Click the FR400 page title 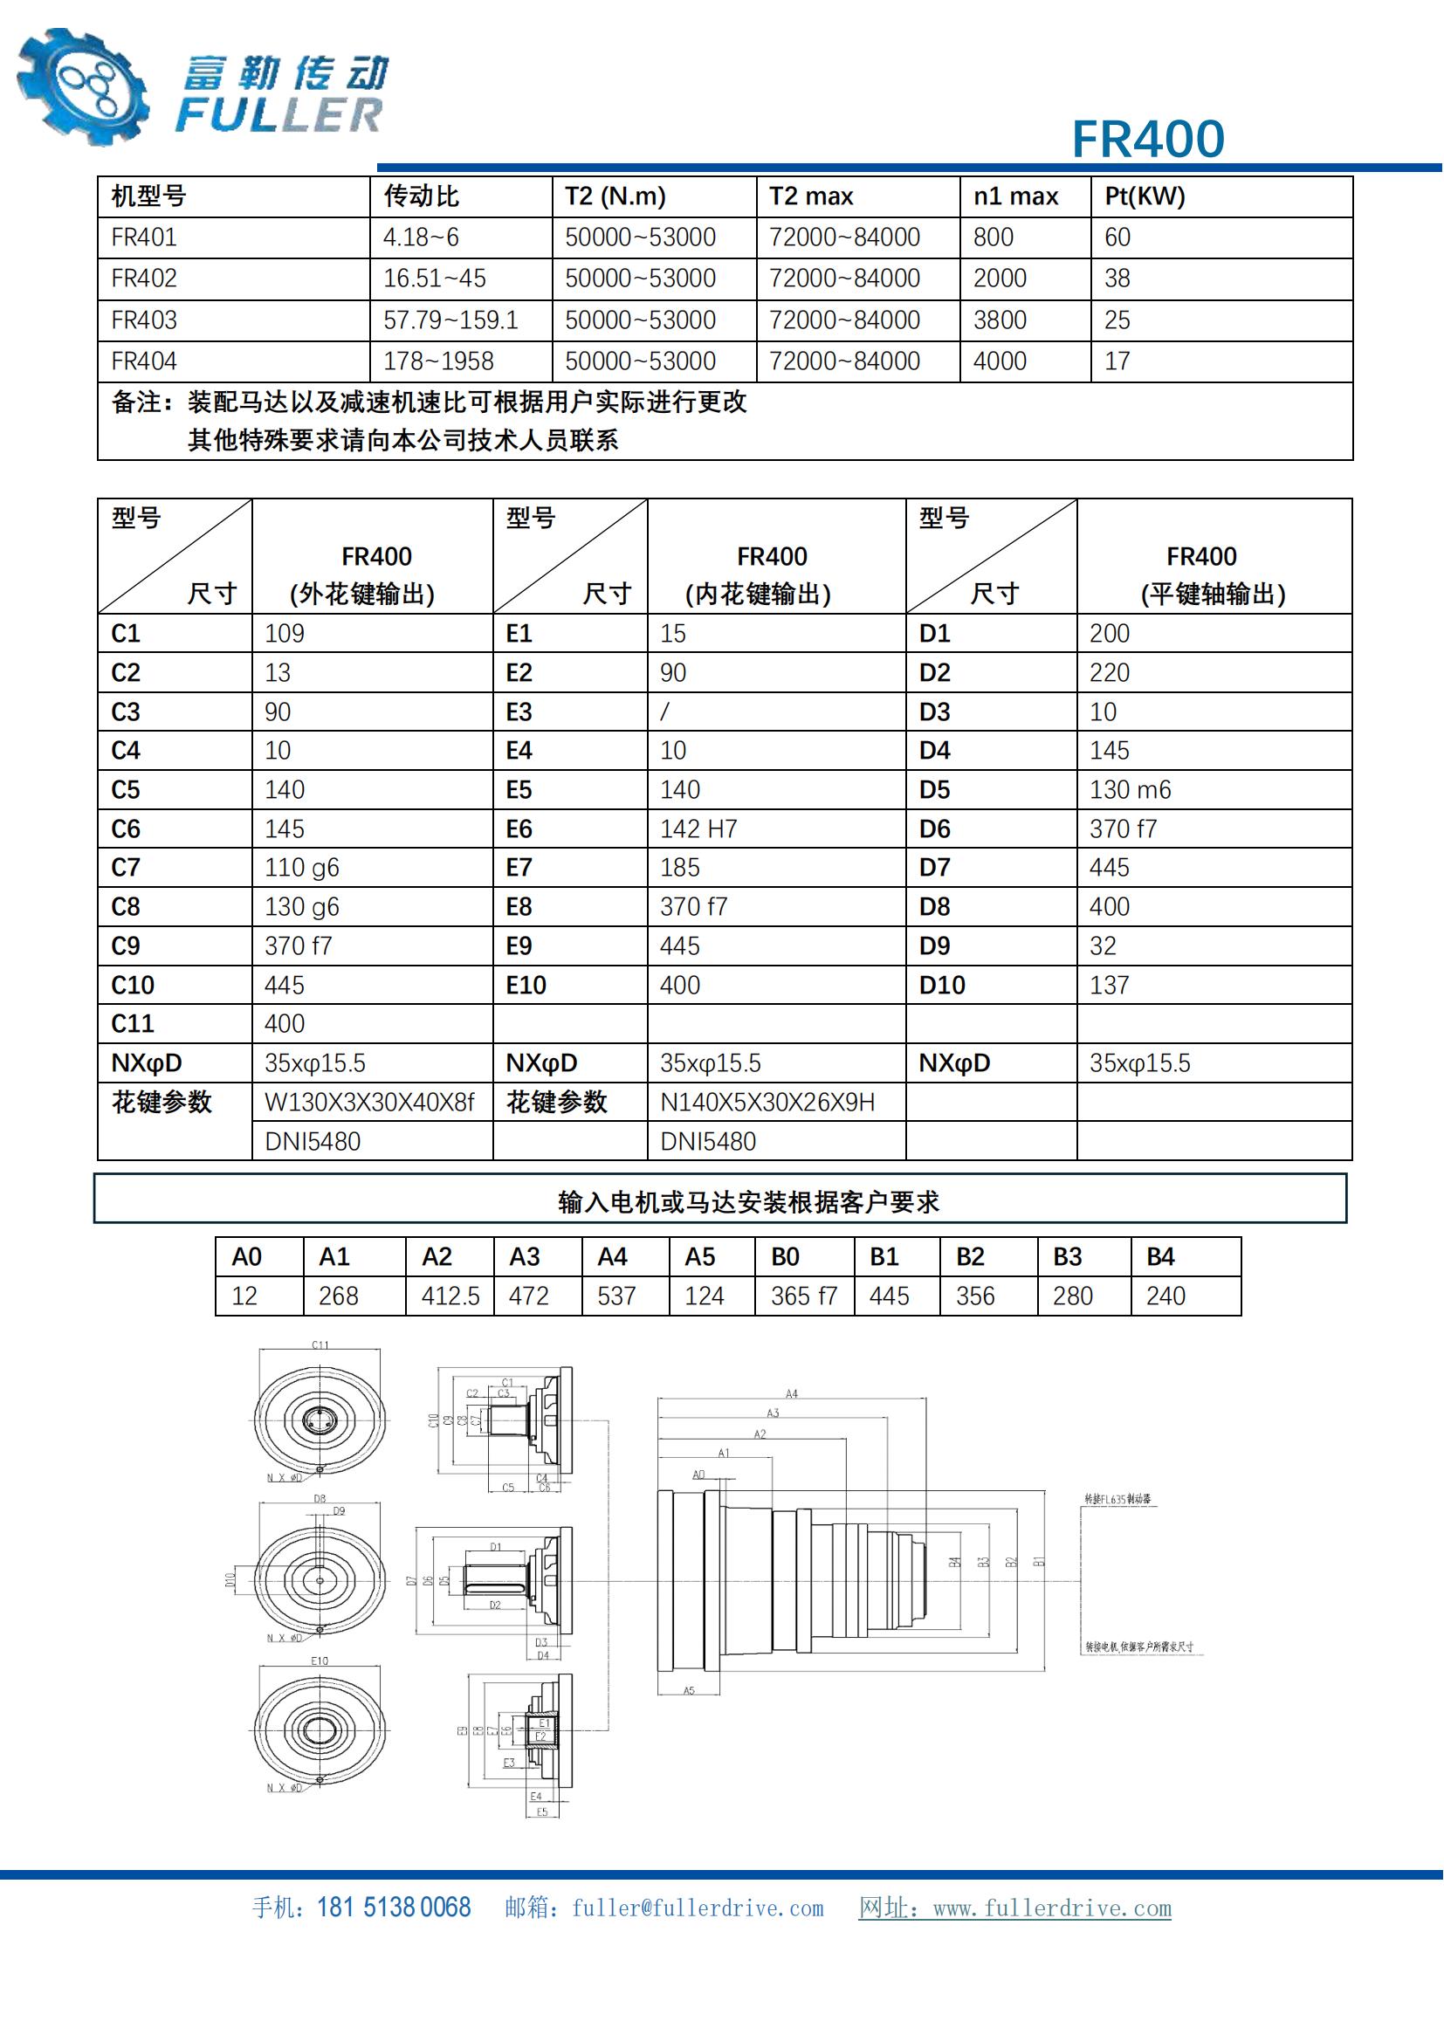(1147, 139)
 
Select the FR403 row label (144, 320)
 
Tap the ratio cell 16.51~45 (434, 278)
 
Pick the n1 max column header (1015, 196)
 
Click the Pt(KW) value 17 (1117, 361)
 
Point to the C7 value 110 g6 (301, 867)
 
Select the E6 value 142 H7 (698, 828)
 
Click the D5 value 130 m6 (1130, 790)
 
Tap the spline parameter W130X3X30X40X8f (369, 1103)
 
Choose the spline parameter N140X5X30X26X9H (767, 1103)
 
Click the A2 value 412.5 (450, 1296)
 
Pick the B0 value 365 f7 (804, 1296)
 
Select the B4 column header (1160, 1256)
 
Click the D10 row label (942, 986)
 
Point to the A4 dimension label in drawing (791, 1393)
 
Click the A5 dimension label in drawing (689, 1691)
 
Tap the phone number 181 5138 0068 (393, 1908)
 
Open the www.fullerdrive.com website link (1052, 1908)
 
